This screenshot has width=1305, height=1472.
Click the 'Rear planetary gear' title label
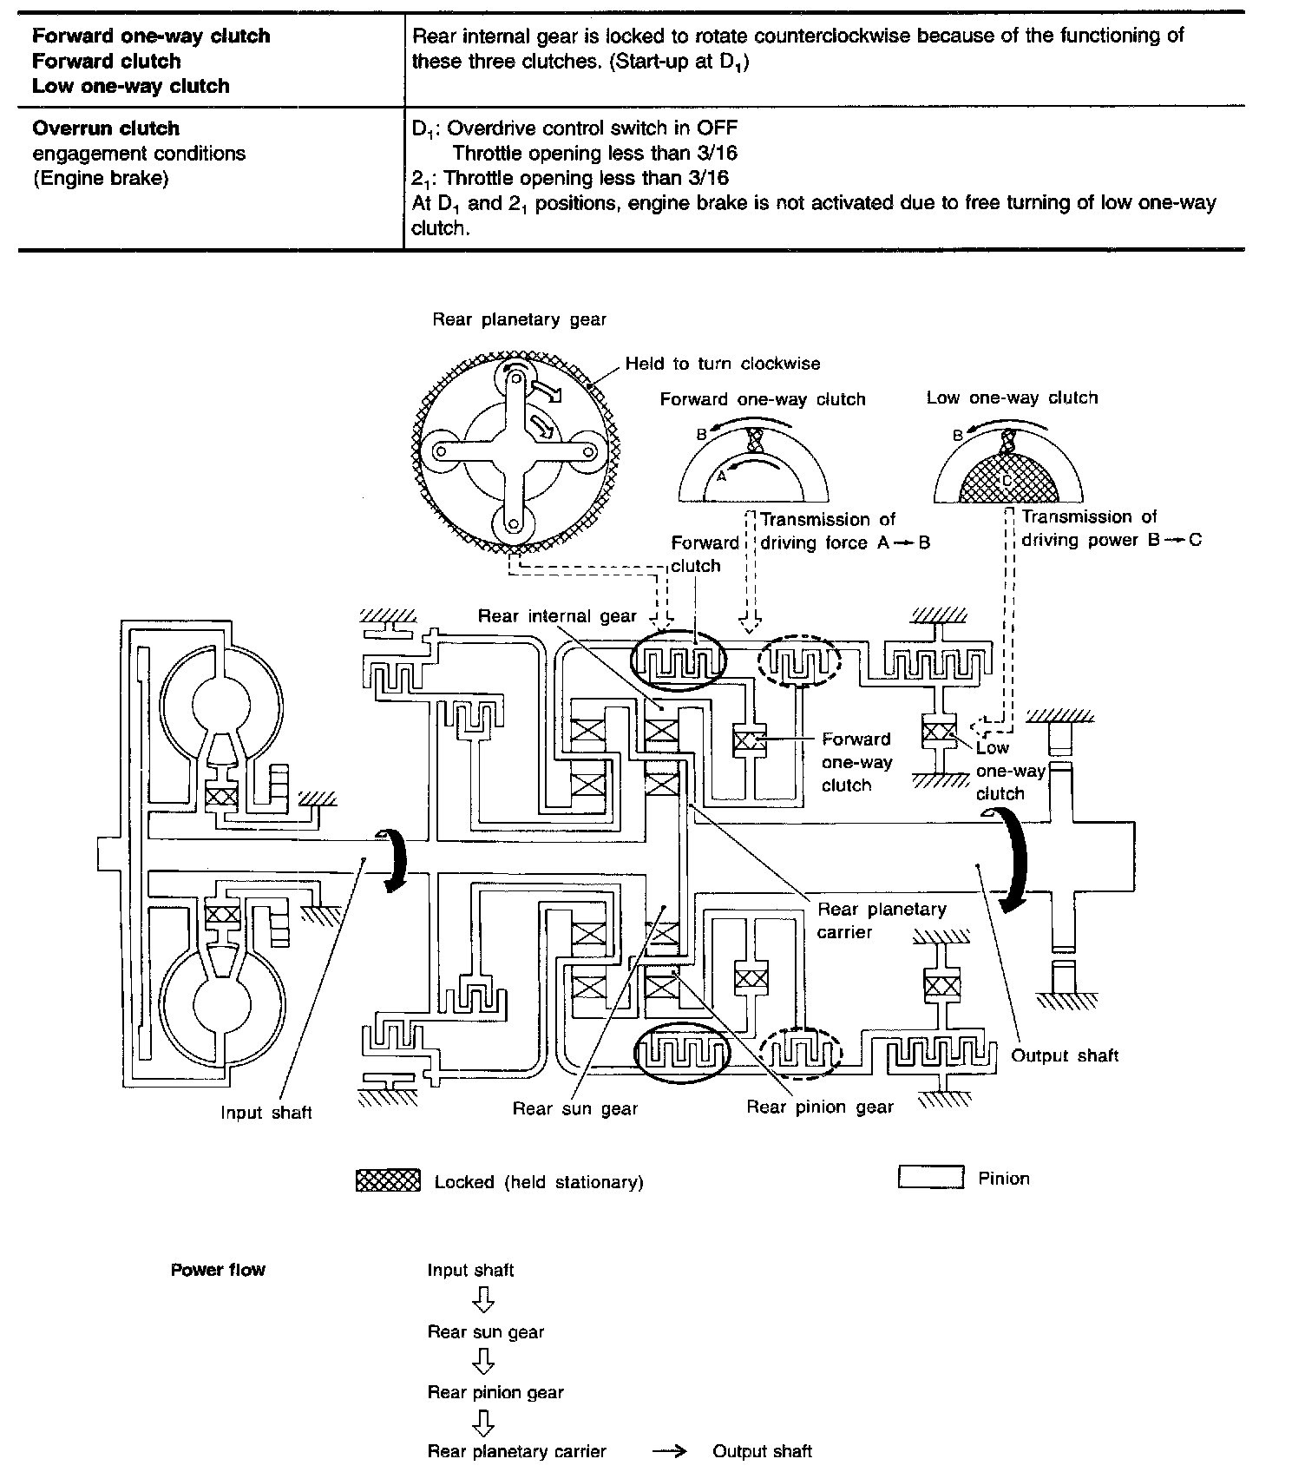coord(520,319)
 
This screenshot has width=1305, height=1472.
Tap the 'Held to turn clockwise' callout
coord(722,364)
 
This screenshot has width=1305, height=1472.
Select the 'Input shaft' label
coord(266,1113)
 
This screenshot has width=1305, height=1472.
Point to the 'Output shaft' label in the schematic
coord(1065,1055)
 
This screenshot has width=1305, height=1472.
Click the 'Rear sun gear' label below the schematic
coord(574,1108)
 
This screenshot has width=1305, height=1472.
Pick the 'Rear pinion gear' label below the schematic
coord(819,1107)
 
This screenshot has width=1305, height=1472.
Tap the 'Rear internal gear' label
coord(557,616)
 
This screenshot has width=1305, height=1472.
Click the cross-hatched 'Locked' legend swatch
coord(388,1181)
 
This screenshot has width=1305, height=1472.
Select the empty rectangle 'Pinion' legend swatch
coord(930,1178)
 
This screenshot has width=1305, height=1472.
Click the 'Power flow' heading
coord(218,1270)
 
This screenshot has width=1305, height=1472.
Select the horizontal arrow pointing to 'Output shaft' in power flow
coord(669,1451)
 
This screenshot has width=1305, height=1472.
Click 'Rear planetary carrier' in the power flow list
coord(516,1451)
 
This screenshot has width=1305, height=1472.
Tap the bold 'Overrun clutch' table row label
coord(106,128)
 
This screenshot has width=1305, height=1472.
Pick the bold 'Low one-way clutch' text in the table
coord(131,86)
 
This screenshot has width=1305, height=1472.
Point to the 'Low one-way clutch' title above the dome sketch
coord(1012,398)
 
